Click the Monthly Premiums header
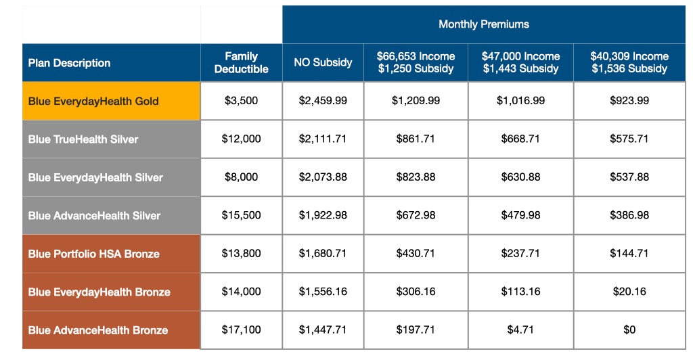[x=484, y=24]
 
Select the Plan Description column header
[x=69, y=63]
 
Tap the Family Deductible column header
[x=241, y=63]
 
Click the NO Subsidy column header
[x=323, y=63]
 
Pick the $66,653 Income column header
[x=416, y=63]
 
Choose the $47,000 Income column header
[x=520, y=63]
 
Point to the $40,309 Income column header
[x=629, y=63]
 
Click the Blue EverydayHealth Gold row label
[x=93, y=102]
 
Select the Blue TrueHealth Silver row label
[x=83, y=139]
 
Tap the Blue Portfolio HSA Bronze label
[x=94, y=254]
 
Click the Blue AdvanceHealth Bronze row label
[x=98, y=330]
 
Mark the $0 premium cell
[x=629, y=330]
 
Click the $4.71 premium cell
[x=520, y=330]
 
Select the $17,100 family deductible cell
[x=241, y=330]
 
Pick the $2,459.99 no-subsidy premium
[x=323, y=101]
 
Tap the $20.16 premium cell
[x=629, y=292]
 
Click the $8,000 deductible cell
[x=241, y=177]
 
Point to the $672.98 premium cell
[x=416, y=215]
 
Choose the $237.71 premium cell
[x=520, y=254]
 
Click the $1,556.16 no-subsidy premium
[x=323, y=292]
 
